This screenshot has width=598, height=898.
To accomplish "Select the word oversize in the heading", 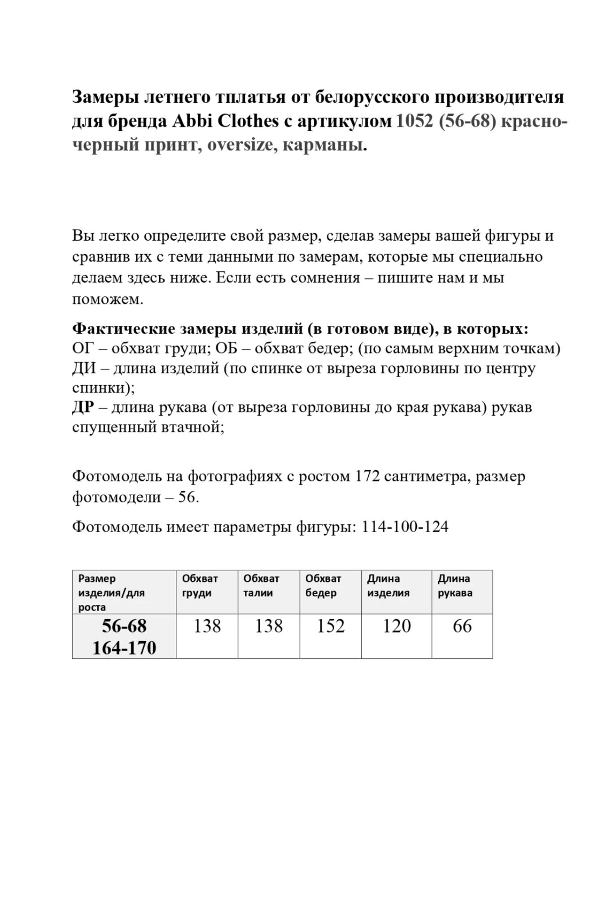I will [x=240, y=145].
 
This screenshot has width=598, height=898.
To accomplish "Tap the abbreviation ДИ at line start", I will [x=84, y=368].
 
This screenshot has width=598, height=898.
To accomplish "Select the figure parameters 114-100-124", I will [x=405, y=526].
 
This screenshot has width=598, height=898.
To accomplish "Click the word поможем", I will [x=108, y=299].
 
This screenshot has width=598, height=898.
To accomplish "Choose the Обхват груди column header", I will [x=200, y=585].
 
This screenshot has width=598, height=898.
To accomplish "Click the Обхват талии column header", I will [x=262, y=585].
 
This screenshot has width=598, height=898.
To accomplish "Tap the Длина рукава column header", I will [x=455, y=585].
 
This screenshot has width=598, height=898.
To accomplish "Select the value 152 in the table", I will [x=331, y=626].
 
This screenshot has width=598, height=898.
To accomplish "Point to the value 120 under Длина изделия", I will [x=397, y=626].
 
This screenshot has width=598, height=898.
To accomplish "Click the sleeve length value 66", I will [x=462, y=626].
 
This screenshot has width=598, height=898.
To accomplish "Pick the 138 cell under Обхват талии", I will [x=269, y=626].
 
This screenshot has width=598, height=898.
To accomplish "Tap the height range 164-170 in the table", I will [x=124, y=647].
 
